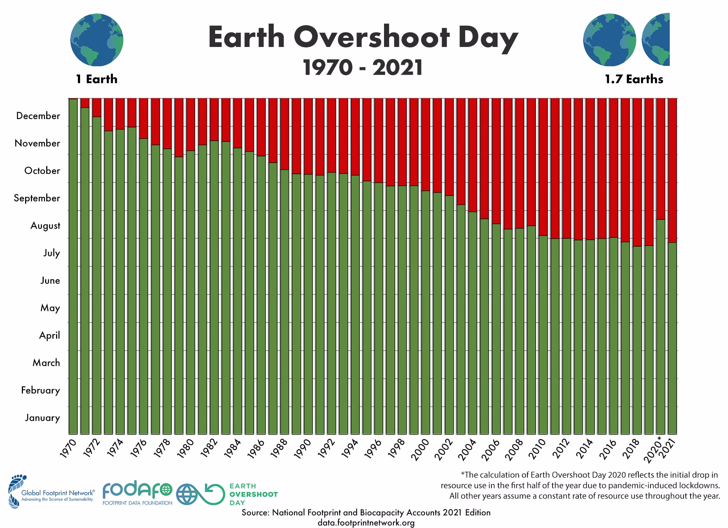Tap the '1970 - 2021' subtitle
tap(363, 68)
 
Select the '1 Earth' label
tap(97, 79)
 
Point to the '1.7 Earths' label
tap(634, 79)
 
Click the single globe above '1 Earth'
tap(97, 40)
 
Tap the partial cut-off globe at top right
tap(656, 40)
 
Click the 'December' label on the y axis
tap(38, 116)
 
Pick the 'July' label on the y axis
tap(52, 253)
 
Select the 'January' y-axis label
tap(42, 418)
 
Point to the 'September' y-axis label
tap(37, 198)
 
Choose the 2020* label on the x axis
tap(654, 449)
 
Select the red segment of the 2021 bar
tap(672, 170)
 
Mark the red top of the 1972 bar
tap(96, 107)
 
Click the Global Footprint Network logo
tap(51, 492)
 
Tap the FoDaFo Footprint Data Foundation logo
tap(137, 493)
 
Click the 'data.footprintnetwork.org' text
tap(366, 523)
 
